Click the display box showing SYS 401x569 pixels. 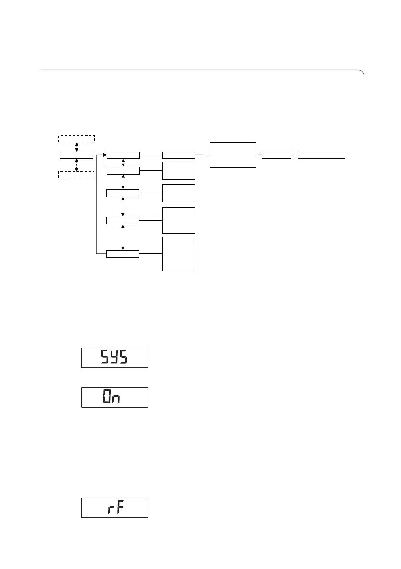(115, 358)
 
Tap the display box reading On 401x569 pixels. (115, 397)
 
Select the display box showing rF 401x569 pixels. (115, 508)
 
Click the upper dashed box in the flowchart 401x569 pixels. (77, 139)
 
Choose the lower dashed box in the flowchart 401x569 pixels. (77, 174)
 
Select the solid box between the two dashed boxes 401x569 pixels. (77, 155)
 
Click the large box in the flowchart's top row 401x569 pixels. (233, 155)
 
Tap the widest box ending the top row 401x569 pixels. (321, 155)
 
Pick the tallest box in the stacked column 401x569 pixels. (179, 254)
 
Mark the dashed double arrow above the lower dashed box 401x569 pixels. (77, 164)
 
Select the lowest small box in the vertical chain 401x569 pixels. (123, 253)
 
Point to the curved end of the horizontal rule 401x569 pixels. (363, 73)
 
